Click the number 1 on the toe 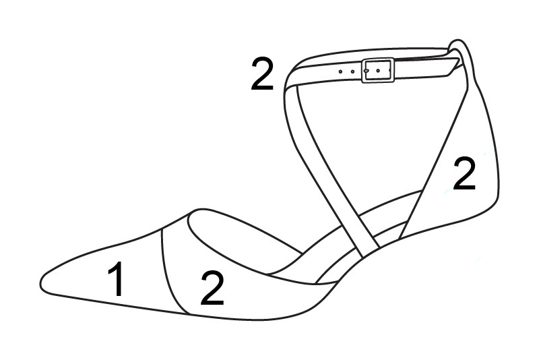pyautogui.click(x=116, y=278)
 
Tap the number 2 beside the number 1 pyautogui.click(x=212, y=287)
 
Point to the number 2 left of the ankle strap pyautogui.click(x=262, y=73)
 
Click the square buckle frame pyautogui.click(x=378, y=59)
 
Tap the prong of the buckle pyautogui.click(x=367, y=70)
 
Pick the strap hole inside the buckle pyautogui.click(x=378, y=71)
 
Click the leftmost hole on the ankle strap pyautogui.click(x=340, y=71)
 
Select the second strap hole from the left pyautogui.click(x=352, y=71)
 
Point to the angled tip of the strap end pyautogui.click(x=459, y=59)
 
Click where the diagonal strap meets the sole pyautogui.click(x=371, y=252)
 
